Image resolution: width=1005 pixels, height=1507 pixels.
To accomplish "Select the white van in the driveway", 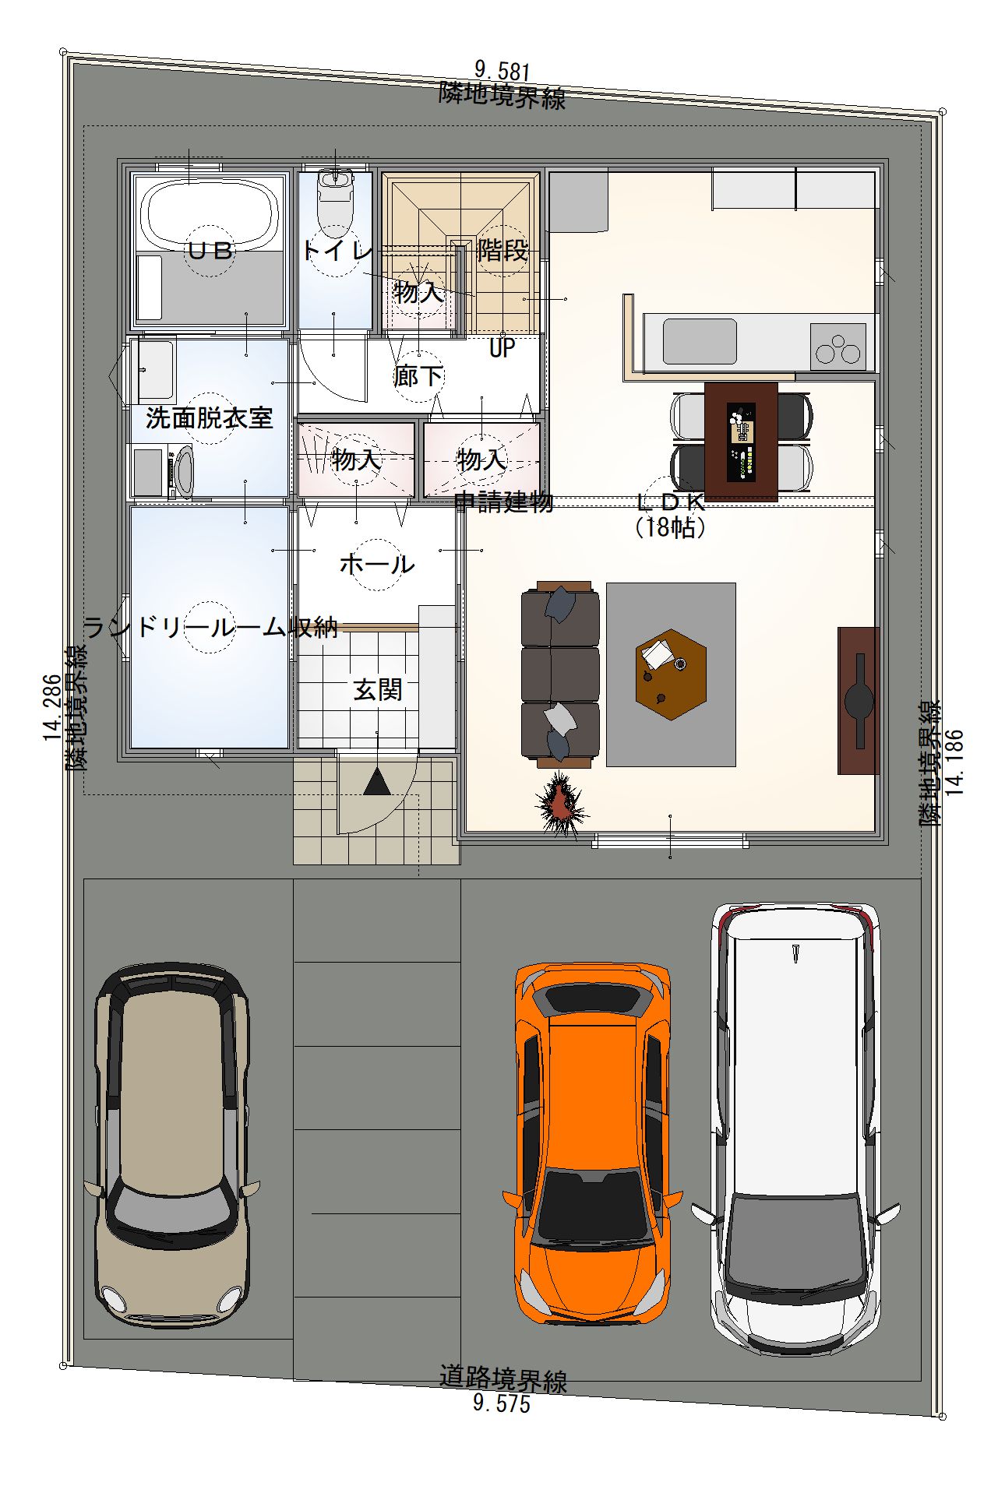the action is (x=795, y=1129).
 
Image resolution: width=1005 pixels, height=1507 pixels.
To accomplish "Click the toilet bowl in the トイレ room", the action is (x=336, y=199).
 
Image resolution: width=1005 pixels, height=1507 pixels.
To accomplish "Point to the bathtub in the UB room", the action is (x=210, y=213).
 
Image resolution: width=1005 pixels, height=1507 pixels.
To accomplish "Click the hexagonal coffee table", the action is (x=671, y=674).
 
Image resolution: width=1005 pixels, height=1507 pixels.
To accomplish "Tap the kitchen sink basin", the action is (x=700, y=341).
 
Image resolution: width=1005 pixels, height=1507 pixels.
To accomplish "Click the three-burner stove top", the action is (x=838, y=347).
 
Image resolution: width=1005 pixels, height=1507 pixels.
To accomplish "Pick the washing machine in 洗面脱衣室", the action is (x=163, y=471).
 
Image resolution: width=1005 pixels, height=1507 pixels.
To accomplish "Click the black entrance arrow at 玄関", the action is (x=378, y=782).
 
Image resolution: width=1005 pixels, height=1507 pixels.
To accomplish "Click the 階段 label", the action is (x=503, y=251).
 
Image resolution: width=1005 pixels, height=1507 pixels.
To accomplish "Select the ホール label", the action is (x=377, y=564).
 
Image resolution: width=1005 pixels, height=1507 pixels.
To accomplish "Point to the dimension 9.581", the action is (x=503, y=72).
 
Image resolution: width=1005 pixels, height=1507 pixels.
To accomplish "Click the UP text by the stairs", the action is (x=503, y=348).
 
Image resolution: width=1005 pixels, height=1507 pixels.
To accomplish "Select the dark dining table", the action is (x=741, y=442).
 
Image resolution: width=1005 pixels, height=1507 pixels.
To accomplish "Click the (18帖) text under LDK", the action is (x=671, y=528).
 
